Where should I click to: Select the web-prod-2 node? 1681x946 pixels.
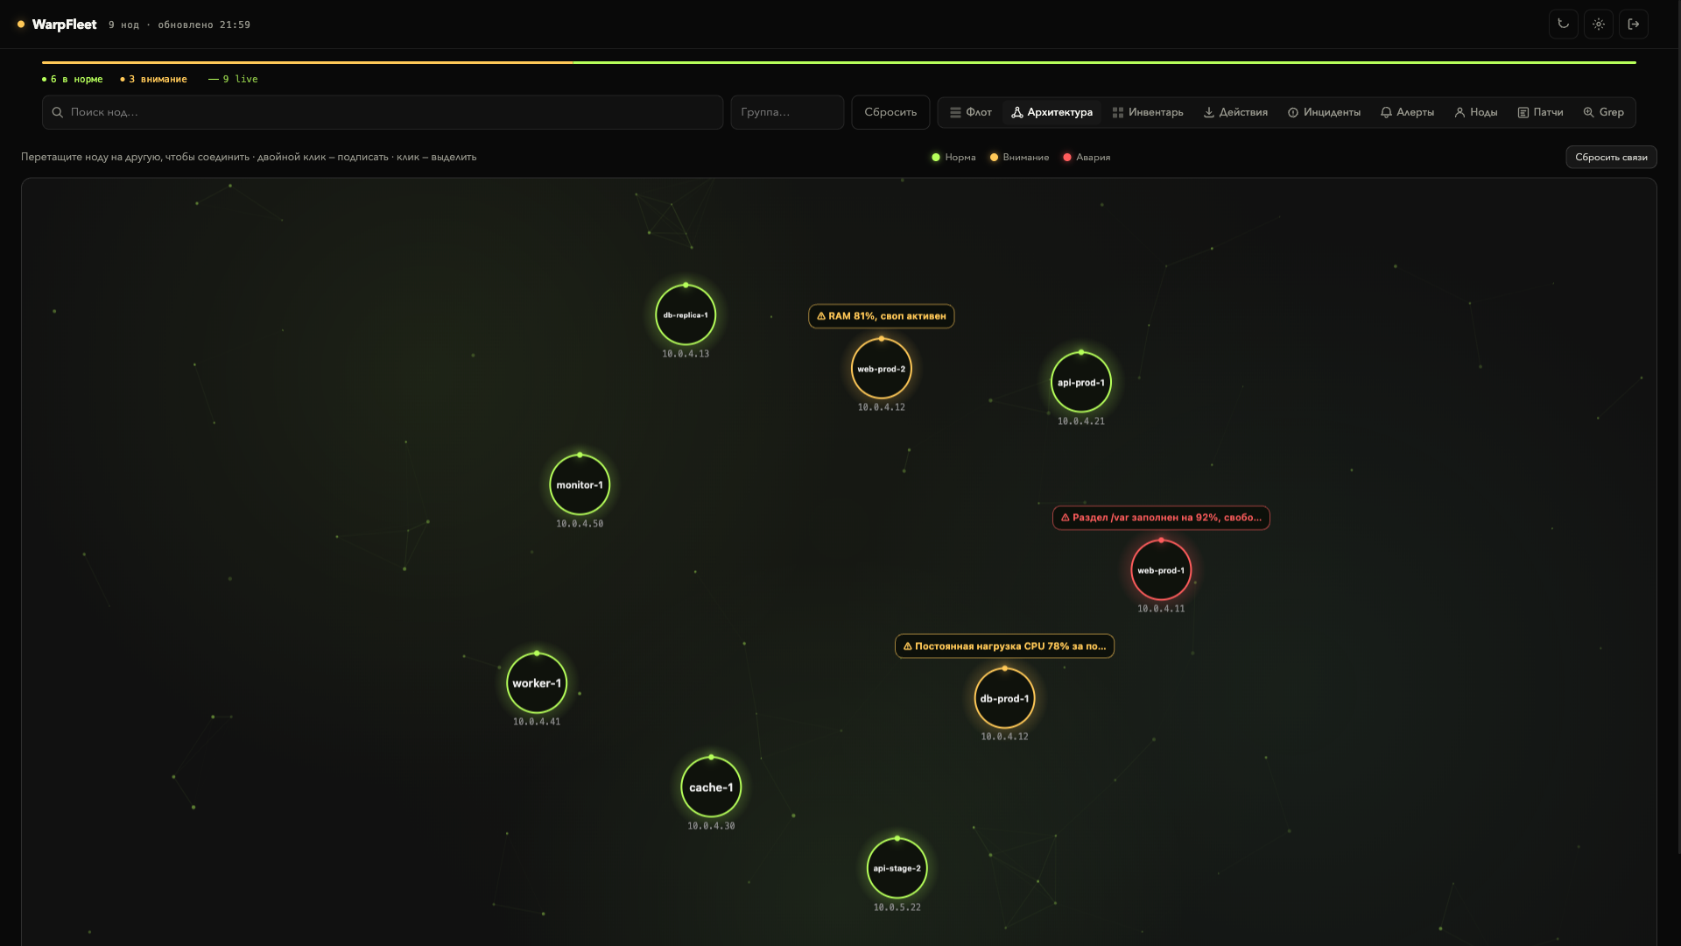coord(882,369)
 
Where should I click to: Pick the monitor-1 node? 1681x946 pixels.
coord(580,484)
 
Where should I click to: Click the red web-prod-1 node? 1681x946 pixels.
coord(1161,570)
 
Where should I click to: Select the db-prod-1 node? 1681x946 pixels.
coord(1004,698)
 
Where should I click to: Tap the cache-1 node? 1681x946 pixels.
coord(711,787)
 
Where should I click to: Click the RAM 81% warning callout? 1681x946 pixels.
coord(881,316)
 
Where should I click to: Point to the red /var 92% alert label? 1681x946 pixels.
coord(1161,518)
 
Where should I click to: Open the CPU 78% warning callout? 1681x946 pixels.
coord(1004,646)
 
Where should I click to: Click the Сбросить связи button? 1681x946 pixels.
coord(1611,157)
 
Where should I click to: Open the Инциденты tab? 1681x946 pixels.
coord(1324,112)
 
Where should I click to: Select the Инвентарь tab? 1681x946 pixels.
coord(1148,112)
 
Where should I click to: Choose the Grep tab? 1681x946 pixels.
coord(1603,112)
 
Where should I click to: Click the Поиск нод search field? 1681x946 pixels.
coord(383,112)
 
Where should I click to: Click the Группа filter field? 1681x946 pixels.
coord(787,112)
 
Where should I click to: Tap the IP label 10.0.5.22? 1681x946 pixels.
coord(897,907)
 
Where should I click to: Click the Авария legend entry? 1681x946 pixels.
coord(1087,158)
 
